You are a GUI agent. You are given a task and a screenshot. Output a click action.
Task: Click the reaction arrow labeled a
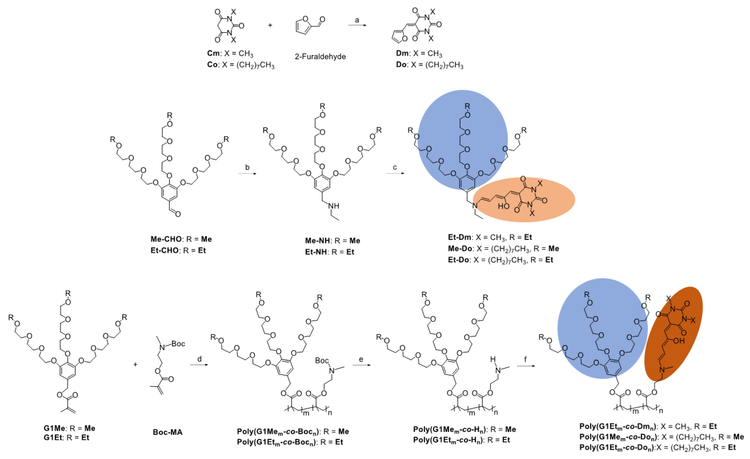(x=357, y=25)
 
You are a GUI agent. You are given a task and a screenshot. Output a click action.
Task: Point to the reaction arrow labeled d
(x=199, y=365)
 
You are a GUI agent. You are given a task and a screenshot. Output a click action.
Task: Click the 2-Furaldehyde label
(x=320, y=57)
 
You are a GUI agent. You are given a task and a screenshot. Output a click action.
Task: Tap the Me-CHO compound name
(x=166, y=239)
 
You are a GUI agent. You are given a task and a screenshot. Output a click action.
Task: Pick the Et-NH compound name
(x=316, y=252)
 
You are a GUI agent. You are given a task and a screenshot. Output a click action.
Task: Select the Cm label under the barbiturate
(x=213, y=53)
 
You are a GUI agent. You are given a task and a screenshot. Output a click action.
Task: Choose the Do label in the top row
(x=402, y=65)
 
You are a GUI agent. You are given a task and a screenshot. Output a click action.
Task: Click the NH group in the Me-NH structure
(x=334, y=206)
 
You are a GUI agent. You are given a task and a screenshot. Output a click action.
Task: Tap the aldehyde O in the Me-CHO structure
(x=178, y=214)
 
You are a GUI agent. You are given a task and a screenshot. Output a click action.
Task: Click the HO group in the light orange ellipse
(x=503, y=206)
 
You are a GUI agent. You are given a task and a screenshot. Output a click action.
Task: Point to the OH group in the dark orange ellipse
(x=679, y=341)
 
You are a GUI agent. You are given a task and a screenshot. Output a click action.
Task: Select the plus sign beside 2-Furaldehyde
(x=270, y=25)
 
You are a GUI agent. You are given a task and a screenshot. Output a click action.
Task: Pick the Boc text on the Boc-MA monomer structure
(x=178, y=344)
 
